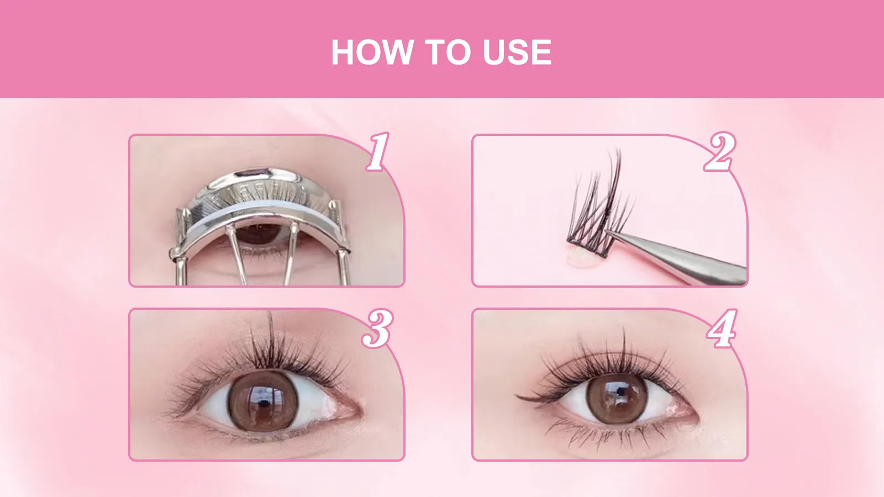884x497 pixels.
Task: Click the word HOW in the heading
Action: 371,53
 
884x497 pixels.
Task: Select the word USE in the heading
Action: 517,53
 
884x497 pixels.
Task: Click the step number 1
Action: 378,151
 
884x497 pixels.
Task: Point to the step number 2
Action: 719,151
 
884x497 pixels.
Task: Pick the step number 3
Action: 378,328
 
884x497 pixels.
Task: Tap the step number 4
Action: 722,328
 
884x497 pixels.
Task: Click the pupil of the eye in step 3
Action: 263,401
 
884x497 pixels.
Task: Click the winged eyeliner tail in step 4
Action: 525,396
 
